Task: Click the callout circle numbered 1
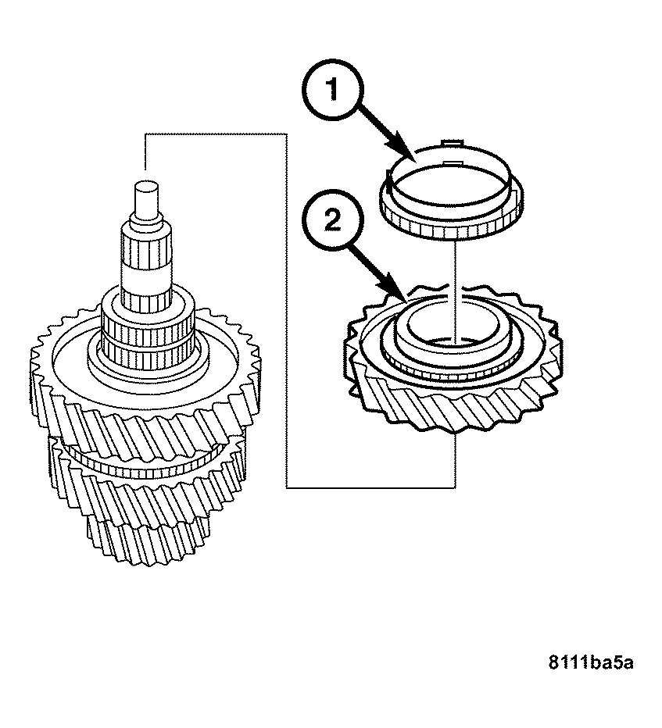point(333,90)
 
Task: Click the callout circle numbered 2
point(333,219)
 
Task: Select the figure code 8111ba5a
point(590,662)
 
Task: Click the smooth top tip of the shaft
point(146,198)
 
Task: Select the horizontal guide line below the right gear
point(370,487)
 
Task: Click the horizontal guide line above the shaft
point(216,134)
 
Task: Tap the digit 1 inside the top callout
point(332,89)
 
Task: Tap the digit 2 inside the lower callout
point(333,219)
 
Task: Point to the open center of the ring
point(449,186)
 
